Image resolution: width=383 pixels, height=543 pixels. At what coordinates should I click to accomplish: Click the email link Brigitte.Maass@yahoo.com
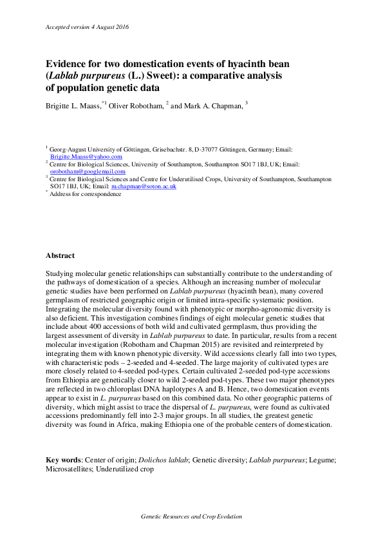pyautogui.click(x=86, y=157)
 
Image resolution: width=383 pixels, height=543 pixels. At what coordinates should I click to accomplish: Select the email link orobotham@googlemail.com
pyautogui.click(x=88, y=172)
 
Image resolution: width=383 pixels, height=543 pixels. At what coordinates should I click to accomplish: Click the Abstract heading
pyautogui.click(x=60, y=256)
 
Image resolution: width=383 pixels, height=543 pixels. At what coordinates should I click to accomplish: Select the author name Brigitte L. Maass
pyautogui.click(x=73, y=106)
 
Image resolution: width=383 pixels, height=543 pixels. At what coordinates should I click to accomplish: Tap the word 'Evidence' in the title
pyautogui.click(x=66, y=64)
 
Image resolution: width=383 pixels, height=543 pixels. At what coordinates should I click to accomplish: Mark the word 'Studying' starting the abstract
pyautogui.click(x=59, y=274)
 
